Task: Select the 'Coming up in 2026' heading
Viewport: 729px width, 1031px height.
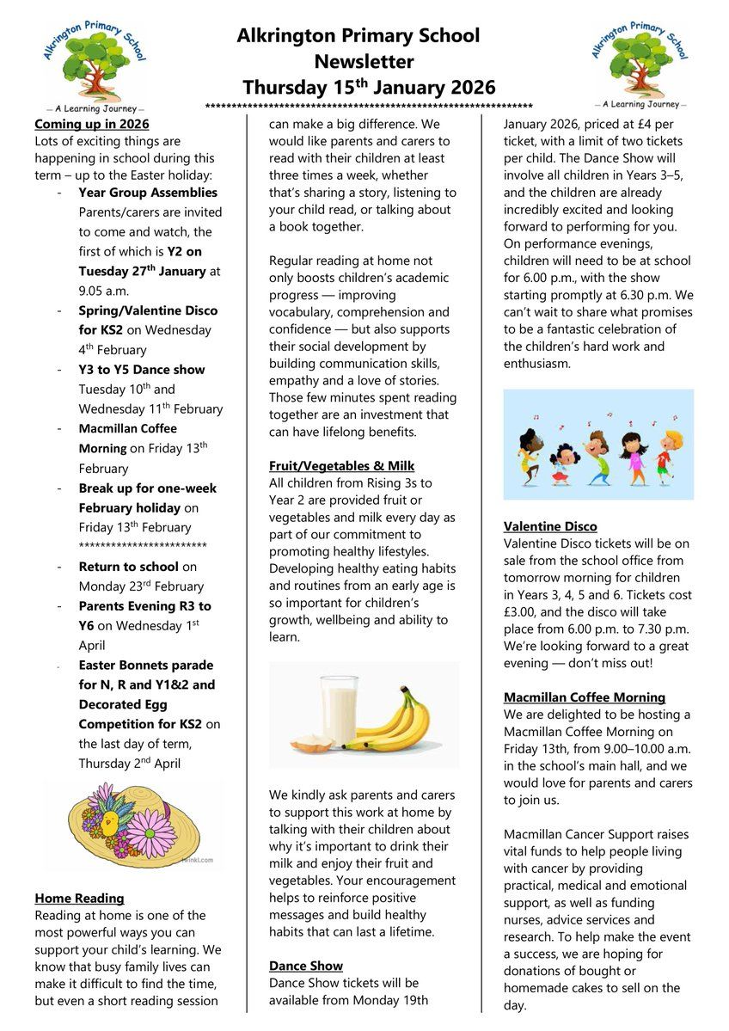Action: pos(91,124)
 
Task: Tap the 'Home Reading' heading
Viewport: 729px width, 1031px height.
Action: pos(79,899)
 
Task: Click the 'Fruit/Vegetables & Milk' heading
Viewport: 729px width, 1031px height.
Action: pos(341,466)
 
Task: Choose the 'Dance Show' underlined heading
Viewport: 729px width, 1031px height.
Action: pos(305,966)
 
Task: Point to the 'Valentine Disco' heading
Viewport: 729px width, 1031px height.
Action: pos(550,526)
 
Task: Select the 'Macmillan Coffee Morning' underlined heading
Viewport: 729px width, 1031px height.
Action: pos(585,697)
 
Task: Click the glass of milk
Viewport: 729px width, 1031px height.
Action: pos(340,709)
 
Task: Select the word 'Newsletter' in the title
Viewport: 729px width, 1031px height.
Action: pos(364,62)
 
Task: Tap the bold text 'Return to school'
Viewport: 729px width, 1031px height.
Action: pos(128,567)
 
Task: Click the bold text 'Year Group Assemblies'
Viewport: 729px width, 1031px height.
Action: pos(148,193)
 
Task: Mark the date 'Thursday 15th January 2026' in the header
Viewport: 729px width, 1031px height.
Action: pos(369,87)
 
